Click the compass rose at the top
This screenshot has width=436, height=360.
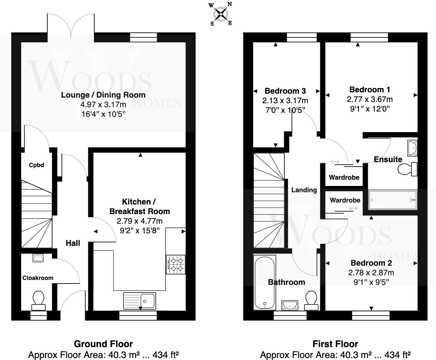point(221,14)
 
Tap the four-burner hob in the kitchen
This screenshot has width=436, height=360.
point(176,264)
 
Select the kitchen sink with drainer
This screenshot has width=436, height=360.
point(140,301)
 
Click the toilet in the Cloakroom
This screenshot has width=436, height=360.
point(38,300)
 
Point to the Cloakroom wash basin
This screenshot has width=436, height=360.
point(38,258)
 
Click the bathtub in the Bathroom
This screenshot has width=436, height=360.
point(265,283)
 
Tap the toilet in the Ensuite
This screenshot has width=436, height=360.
point(408,169)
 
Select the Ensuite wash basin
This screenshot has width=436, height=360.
point(412,148)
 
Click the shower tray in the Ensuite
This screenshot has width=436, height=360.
point(393,200)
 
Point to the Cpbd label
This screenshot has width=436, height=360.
point(36,165)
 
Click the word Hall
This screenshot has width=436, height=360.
point(73,243)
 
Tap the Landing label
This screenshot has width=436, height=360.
point(304,190)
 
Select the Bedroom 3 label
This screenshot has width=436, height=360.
point(285,91)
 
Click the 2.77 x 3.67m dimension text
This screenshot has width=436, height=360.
point(370,99)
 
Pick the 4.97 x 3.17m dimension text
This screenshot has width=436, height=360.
point(103,105)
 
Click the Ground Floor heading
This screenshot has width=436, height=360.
point(103,344)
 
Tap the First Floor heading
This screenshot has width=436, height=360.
point(335,344)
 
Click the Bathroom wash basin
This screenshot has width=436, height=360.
point(290,305)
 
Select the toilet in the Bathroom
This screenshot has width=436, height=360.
point(311,300)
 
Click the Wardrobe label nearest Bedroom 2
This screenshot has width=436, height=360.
point(345,200)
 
